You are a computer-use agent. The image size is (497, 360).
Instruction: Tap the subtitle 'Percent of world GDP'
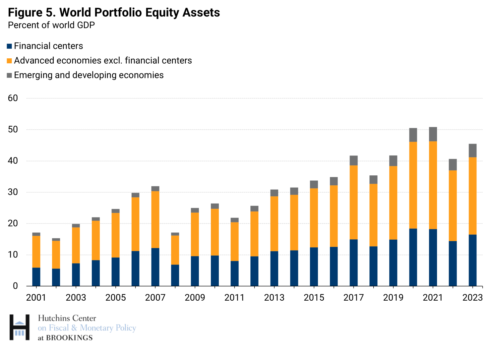tap(51, 25)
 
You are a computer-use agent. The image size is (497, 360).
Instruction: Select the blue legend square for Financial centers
tap(9, 46)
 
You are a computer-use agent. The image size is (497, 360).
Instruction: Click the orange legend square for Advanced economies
tap(9, 61)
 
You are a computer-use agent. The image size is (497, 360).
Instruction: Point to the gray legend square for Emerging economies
tap(9, 75)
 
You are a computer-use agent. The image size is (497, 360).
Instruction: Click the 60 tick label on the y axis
tap(13, 98)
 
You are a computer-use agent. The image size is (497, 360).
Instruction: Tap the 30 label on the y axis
tap(13, 192)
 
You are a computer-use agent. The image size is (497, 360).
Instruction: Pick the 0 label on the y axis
tap(15, 286)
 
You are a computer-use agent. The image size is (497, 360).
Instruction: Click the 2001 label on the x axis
tap(36, 298)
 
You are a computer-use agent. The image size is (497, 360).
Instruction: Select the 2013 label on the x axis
tap(274, 298)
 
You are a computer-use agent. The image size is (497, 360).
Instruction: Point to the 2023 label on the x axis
tap(472, 298)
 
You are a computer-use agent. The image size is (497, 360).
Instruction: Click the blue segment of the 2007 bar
tap(155, 267)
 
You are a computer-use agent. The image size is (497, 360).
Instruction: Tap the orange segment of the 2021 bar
tap(433, 185)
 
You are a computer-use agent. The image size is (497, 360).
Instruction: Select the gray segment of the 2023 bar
tap(472, 150)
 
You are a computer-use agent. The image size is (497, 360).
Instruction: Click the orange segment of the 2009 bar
tap(195, 234)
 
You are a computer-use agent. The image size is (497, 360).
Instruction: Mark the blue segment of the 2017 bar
tap(354, 263)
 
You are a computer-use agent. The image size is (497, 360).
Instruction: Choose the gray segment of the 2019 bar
tap(393, 161)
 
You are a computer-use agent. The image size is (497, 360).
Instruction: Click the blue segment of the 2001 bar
tap(36, 277)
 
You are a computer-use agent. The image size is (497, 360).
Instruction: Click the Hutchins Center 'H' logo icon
tap(20, 327)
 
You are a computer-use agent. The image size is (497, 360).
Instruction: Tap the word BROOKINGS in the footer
tap(69, 338)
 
